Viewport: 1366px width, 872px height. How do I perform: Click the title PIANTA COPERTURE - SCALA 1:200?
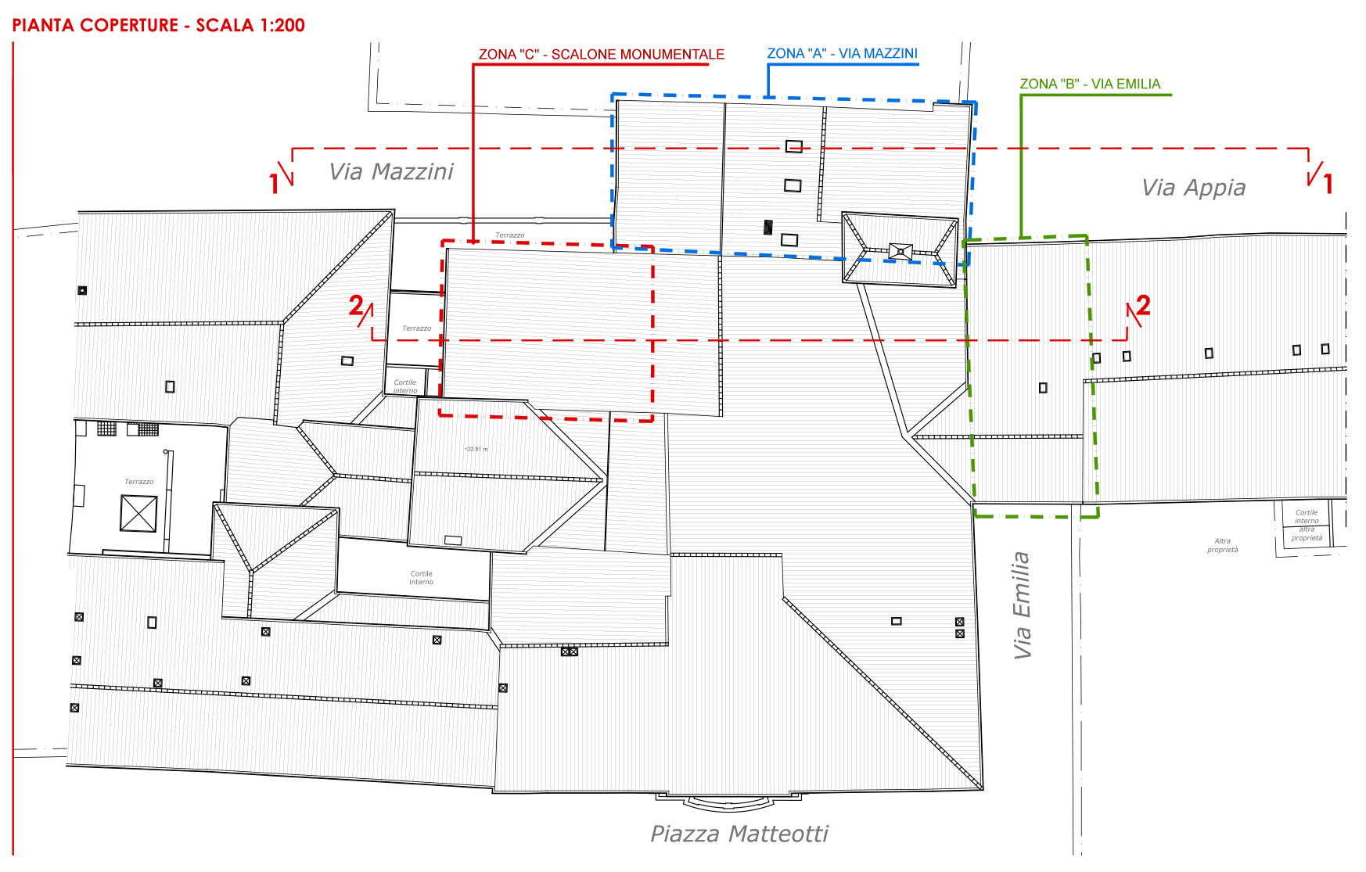click(x=158, y=25)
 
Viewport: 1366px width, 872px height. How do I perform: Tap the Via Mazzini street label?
click(x=391, y=171)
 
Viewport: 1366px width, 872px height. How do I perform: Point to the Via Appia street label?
click(x=1193, y=188)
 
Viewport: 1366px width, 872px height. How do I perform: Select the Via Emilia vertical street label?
click(x=1022, y=605)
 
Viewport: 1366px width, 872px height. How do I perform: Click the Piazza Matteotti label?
click(x=739, y=834)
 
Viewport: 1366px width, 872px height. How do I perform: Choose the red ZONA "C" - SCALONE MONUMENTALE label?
click(x=601, y=55)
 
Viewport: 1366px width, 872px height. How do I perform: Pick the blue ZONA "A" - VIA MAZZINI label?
click(x=842, y=53)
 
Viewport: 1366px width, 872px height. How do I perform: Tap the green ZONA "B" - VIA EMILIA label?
click(x=1089, y=84)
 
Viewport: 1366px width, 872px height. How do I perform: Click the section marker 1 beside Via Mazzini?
click(x=274, y=184)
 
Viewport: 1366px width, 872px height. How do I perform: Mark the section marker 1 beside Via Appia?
click(x=1328, y=184)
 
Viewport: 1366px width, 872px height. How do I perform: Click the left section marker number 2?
click(x=356, y=305)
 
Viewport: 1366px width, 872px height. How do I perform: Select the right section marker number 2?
click(x=1143, y=305)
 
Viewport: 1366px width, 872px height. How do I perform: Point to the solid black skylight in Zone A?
click(x=768, y=228)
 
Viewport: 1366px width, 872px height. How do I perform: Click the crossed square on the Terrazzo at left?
click(x=138, y=514)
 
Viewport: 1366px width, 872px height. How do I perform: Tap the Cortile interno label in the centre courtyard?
click(x=421, y=577)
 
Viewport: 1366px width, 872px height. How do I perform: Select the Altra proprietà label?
click(x=1222, y=545)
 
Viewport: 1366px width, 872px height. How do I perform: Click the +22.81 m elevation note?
click(x=476, y=449)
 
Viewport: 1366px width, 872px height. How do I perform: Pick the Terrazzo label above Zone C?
click(x=509, y=235)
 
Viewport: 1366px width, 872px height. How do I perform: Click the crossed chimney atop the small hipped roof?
click(x=900, y=251)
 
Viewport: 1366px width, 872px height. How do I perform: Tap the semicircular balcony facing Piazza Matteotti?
click(x=728, y=802)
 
